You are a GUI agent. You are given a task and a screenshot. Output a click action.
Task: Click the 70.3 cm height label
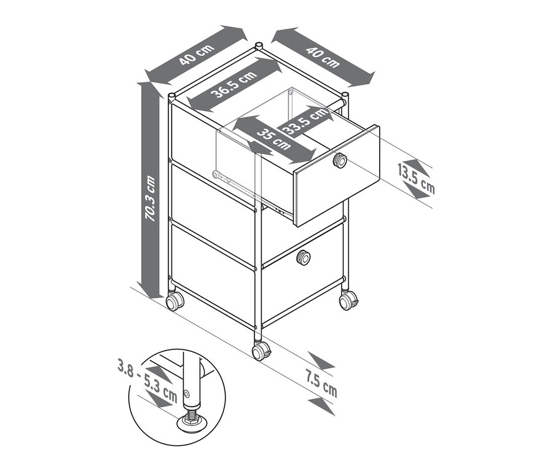pyautogui.click(x=149, y=198)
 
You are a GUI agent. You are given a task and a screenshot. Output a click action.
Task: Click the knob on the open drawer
pyautogui.click(x=339, y=161)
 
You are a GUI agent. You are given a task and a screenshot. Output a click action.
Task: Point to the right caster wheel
pyautogui.click(x=349, y=300)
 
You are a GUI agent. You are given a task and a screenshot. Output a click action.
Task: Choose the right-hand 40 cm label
pyautogui.click(x=322, y=56)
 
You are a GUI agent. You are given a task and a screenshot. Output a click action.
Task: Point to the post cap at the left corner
pyautogui.click(x=171, y=96)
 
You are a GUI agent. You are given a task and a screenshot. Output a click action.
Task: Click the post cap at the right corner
pyautogui.click(x=346, y=95)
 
